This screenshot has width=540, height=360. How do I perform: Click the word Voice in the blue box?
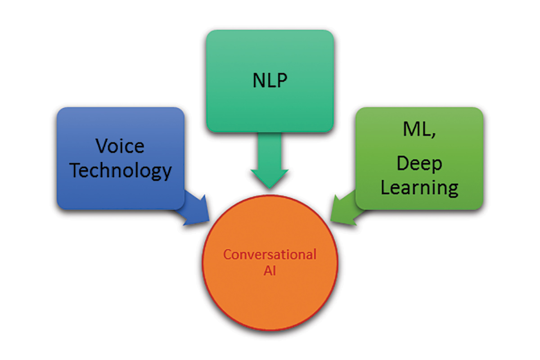pyautogui.click(x=120, y=146)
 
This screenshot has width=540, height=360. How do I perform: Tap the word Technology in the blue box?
pyautogui.click(x=121, y=171)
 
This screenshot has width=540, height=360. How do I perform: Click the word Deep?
pyautogui.click(x=419, y=165)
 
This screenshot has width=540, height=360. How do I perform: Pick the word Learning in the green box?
pyautogui.click(x=419, y=187)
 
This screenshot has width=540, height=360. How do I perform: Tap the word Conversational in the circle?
pyautogui.click(x=270, y=254)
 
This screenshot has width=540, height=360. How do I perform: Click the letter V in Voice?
pyautogui.click(x=102, y=146)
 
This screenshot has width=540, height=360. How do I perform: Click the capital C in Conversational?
pyautogui.click(x=227, y=254)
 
